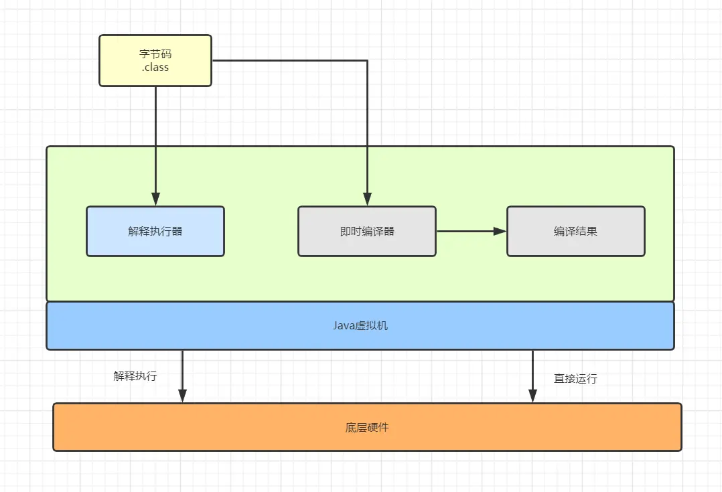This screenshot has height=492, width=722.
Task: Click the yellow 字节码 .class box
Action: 155,60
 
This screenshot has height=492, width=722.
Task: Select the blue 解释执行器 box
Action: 155,231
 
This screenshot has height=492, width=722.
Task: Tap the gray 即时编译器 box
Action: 367,231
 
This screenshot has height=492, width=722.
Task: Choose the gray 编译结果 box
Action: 575,231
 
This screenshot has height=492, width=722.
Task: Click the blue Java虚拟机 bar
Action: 360,325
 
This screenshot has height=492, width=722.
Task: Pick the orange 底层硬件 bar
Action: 367,427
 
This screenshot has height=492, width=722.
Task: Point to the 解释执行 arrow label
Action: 135,376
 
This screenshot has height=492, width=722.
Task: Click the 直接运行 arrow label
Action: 575,378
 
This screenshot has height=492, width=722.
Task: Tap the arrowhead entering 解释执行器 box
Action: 155,199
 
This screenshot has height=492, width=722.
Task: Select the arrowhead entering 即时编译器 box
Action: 367,199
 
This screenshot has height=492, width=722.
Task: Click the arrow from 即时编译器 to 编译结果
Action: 472,231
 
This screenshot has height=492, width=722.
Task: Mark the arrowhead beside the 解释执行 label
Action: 182,396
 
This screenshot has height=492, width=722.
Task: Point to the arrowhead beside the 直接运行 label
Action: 532,396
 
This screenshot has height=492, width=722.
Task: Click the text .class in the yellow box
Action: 155,67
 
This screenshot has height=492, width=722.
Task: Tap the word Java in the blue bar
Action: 344,325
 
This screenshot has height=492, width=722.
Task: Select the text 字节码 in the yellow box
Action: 155,54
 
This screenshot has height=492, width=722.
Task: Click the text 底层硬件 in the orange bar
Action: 367,427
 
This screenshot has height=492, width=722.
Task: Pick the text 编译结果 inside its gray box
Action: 575,231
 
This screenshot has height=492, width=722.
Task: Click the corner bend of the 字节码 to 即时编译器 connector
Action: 367,60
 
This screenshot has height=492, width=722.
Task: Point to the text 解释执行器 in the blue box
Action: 155,231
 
